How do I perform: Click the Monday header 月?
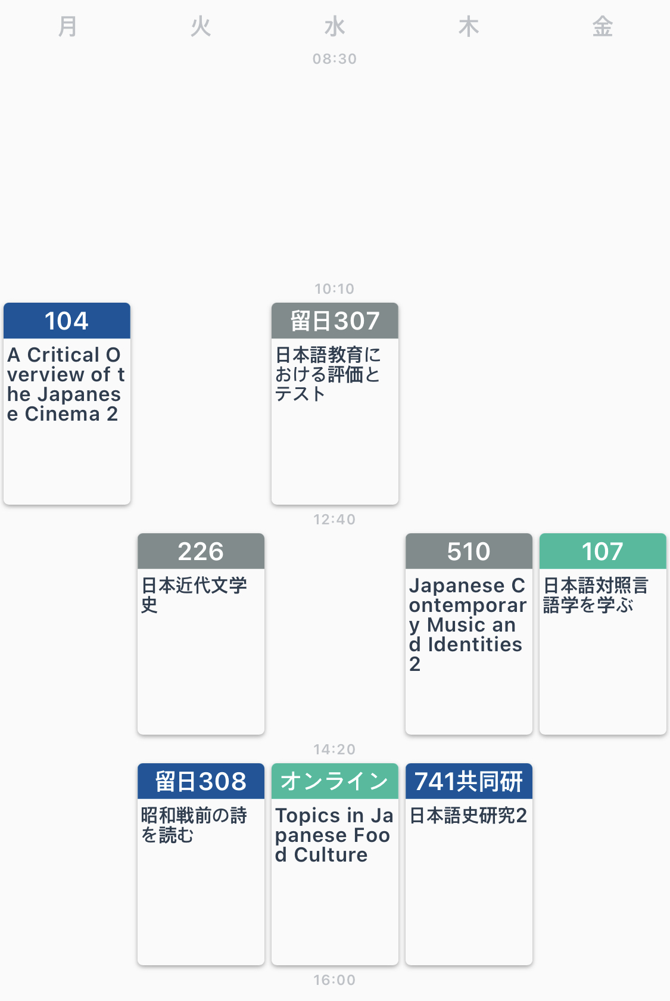tap(67, 27)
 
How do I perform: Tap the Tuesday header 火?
tap(201, 27)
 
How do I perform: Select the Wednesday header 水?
tap(335, 27)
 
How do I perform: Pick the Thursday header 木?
tap(469, 27)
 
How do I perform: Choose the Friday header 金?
tap(603, 27)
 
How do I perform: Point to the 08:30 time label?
tap(335, 59)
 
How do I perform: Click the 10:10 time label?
tap(335, 289)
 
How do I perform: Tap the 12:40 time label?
tap(335, 520)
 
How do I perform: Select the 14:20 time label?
tap(335, 750)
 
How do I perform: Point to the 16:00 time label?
tap(335, 980)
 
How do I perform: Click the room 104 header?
tap(67, 321)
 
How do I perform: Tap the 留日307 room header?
tap(335, 321)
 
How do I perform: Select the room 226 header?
tap(201, 552)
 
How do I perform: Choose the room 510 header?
tap(469, 552)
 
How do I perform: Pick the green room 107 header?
tap(603, 552)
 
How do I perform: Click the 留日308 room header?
tap(201, 782)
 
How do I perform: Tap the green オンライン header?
tap(335, 782)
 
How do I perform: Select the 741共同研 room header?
tap(469, 782)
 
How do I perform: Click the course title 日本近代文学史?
tap(194, 595)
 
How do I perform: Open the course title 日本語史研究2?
tap(468, 816)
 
